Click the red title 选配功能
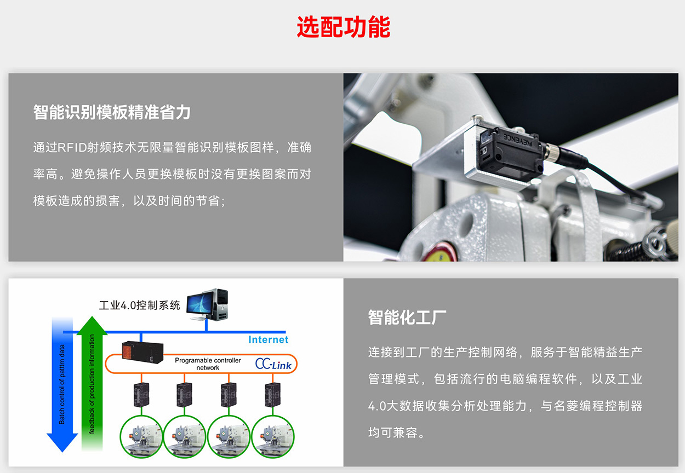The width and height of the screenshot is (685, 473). [343, 27]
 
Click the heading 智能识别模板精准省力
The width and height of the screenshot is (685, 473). [112, 112]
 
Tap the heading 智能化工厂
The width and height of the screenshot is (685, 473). [407, 317]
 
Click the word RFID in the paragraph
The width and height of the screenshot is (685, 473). [72, 148]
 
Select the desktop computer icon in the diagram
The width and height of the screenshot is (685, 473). [208, 304]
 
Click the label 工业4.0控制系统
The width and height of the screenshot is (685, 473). [139, 305]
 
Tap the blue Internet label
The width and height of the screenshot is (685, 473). [268, 339]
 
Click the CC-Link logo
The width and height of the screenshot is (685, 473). [273, 364]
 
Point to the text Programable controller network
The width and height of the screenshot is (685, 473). [208, 364]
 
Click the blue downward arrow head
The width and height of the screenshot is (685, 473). [62, 442]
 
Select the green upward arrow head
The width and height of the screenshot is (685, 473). [92, 325]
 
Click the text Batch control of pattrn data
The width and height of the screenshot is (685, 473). [62, 384]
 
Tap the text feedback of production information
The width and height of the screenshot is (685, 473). [92, 384]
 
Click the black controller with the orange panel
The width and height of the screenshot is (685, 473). [142, 353]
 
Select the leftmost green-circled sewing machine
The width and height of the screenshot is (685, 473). [141, 437]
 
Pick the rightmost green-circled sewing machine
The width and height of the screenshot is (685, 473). [273, 437]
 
